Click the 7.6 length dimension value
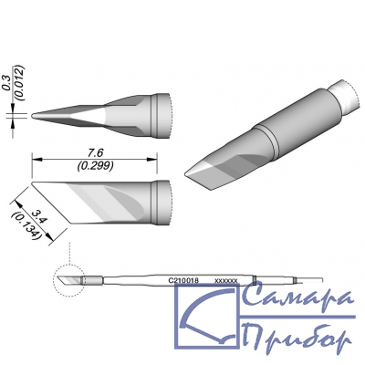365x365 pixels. coord(95,153)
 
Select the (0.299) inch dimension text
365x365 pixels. coord(95,165)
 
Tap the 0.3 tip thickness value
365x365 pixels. coord(7,84)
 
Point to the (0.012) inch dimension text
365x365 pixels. coord(20,82)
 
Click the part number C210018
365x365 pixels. coord(183,281)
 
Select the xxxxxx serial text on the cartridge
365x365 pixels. coord(226,281)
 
